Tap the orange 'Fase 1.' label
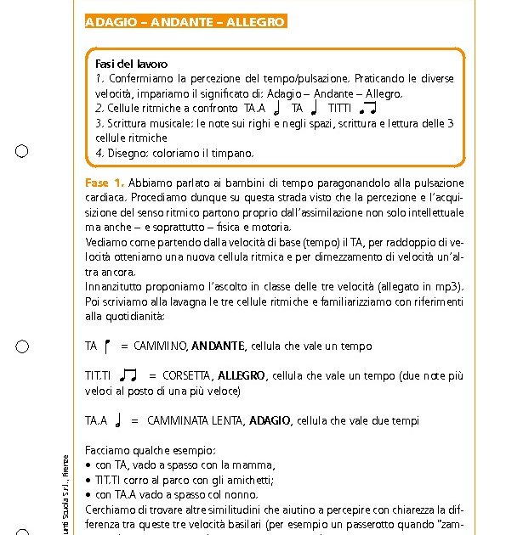coord(105,183)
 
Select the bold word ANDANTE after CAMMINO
coord(219,346)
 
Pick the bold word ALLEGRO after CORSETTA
coord(242,375)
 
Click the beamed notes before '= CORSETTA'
coord(128,374)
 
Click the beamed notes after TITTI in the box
coord(367,109)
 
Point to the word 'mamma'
coord(255,465)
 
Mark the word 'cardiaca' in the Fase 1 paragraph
coord(106,197)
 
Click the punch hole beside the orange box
coord(23,152)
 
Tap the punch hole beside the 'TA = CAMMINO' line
coord(23,346)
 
